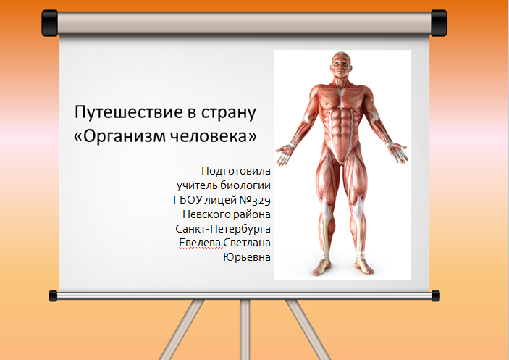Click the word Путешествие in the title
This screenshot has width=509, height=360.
coord(128,113)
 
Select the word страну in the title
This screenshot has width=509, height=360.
coord(229,114)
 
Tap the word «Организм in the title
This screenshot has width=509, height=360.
coord(119,136)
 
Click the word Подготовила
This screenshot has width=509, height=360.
coord(236,171)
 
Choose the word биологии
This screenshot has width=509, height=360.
coord(245,185)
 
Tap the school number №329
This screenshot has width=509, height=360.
coord(255,200)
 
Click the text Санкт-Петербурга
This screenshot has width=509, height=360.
coord(223,229)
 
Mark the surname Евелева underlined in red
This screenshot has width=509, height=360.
coord(201,243)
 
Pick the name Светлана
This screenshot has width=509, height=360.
coord(247,243)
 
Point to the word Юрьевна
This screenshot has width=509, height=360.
coord(247,257)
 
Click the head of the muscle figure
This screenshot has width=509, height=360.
coord(340,65)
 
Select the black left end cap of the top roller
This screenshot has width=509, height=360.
coord(50,23)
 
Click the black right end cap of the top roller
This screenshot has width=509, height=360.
coord(439,23)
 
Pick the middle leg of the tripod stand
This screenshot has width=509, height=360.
coord(245,330)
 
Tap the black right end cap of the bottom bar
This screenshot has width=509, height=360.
coord(436,296)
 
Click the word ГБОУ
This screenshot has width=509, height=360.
coord(188,200)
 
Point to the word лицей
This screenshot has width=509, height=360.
coord(220,201)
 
